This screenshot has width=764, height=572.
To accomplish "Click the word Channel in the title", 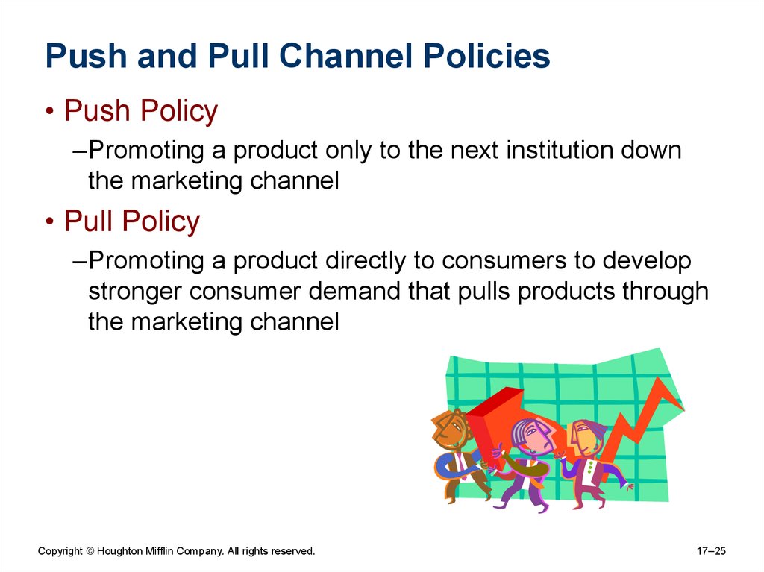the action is click(x=347, y=55).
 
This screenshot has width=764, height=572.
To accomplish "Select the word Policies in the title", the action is click(x=486, y=55).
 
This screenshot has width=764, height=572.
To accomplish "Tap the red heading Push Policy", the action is click(x=141, y=111).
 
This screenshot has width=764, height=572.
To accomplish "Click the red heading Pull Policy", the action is click(x=132, y=221).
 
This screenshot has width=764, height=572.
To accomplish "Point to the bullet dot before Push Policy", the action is click(x=50, y=112).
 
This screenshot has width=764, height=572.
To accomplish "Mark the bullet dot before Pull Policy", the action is click(x=50, y=221).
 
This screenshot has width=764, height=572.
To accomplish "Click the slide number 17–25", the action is click(x=711, y=551).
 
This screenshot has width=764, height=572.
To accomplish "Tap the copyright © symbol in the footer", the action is click(x=90, y=552).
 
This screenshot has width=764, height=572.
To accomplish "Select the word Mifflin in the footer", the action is click(x=159, y=551).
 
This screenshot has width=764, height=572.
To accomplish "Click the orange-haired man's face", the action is click(x=451, y=430).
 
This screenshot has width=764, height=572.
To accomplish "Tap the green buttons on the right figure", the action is click(x=591, y=467).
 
